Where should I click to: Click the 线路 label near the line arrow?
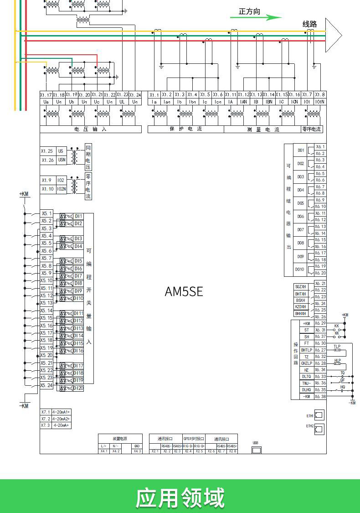(x=309, y=24)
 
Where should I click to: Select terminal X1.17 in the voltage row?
(x=46, y=95)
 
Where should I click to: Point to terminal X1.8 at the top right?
(x=320, y=95)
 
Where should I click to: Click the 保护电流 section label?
(x=185, y=130)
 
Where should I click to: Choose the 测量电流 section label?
(x=263, y=130)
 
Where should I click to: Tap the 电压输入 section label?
(x=90, y=130)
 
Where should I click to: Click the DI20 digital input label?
(x=78, y=388)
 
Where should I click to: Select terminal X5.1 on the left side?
(x=46, y=213)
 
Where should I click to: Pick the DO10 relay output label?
(x=300, y=269)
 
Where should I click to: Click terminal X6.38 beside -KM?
(x=320, y=397)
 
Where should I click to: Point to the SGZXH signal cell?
(x=300, y=287)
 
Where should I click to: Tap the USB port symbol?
(x=257, y=450)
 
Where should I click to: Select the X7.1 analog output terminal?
(x=46, y=412)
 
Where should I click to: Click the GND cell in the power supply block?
(x=137, y=446)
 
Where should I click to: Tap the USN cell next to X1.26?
(x=62, y=160)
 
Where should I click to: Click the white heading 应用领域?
(x=180, y=497)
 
